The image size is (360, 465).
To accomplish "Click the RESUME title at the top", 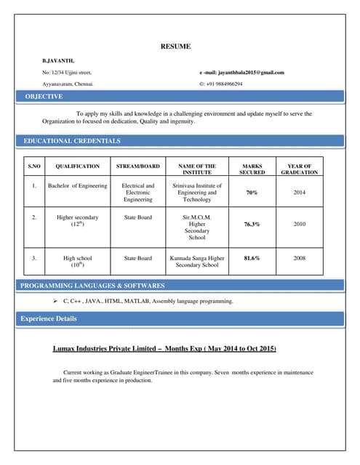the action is (x=175, y=46).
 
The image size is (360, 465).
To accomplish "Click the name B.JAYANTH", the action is (x=58, y=60).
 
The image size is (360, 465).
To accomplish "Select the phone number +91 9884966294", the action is (x=224, y=84).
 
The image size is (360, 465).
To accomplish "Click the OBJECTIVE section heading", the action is (x=44, y=97).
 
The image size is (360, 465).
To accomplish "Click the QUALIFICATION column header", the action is (x=77, y=166).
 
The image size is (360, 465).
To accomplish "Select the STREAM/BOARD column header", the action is (x=138, y=166).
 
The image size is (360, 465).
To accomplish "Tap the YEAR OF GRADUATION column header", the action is (x=299, y=169).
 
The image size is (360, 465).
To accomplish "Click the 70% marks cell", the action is (x=252, y=193).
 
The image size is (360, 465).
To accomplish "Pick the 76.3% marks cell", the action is (x=252, y=225).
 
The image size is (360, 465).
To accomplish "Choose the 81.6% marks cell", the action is (x=252, y=258).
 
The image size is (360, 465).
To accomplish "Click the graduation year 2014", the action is (x=299, y=193).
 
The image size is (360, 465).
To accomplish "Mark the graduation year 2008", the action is (x=299, y=258).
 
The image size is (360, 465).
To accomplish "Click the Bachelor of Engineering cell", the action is (x=77, y=186).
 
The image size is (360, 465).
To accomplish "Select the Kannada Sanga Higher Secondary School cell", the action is (x=197, y=262).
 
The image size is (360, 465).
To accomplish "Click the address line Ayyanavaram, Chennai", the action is (x=68, y=84).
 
